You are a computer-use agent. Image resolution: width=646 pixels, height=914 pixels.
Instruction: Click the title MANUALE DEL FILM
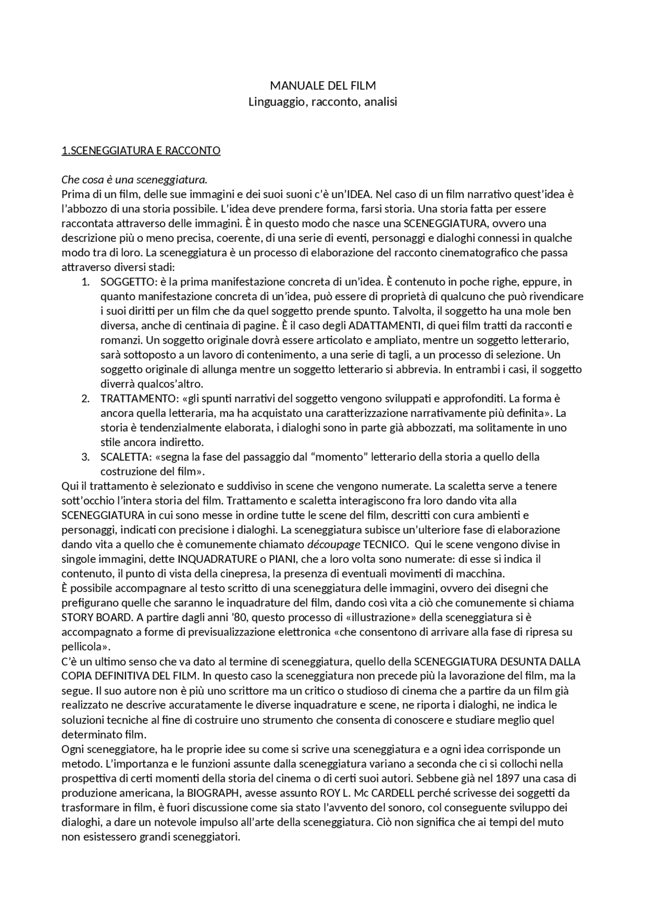pyautogui.click(x=323, y=85)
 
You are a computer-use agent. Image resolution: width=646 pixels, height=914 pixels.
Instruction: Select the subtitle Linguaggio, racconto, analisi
pyautogui.click(x=323, y=102)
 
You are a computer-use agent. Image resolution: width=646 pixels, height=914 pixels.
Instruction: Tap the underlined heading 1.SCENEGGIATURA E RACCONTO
pyautogui.click(x=141, y=150)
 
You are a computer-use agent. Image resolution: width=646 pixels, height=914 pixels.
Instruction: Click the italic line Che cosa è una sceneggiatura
pyautogui.click(x=134, y=180)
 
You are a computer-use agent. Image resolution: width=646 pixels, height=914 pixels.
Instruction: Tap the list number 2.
pyautogui.click(x=85, y=398)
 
